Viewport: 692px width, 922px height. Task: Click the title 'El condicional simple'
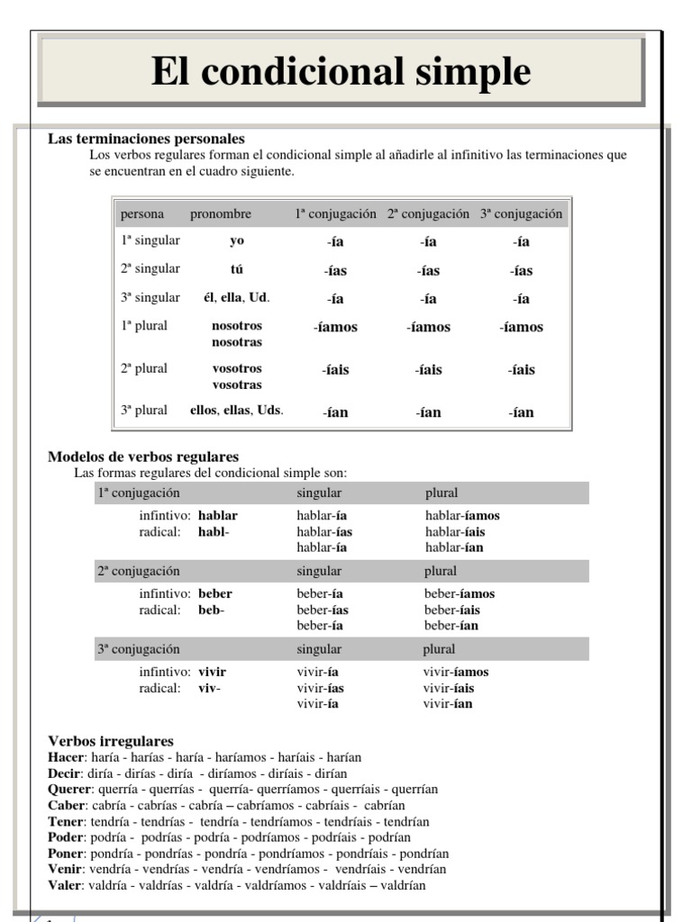coord(341,71)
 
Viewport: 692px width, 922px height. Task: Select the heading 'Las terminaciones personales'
coord(146,140)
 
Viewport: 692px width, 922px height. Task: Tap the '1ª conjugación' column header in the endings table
coord(335,214)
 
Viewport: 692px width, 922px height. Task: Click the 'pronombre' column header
coord(221,214)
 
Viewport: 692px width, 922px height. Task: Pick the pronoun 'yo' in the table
coord(237,241)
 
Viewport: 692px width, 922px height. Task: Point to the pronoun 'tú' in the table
coord(237,269)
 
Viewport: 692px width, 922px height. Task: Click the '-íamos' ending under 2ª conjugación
coord(428,328)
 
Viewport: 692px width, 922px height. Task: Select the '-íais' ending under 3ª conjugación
coord(521,370)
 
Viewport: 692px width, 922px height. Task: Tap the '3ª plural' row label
coord(144,411)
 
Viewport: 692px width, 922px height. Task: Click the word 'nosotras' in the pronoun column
coord(237,342)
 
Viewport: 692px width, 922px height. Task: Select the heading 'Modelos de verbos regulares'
coord(143,457)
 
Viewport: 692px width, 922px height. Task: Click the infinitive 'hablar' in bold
coord(218,516)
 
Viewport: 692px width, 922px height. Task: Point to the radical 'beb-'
coord(211,610)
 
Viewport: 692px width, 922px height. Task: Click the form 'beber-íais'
coord(451,610)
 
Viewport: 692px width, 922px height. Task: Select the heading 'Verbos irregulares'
coord(111,741)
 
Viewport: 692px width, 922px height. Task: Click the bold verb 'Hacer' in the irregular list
coord(65,757)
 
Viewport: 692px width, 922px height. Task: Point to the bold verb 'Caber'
coord(67,806)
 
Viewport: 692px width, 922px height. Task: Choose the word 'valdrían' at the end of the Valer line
coord(404,886)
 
